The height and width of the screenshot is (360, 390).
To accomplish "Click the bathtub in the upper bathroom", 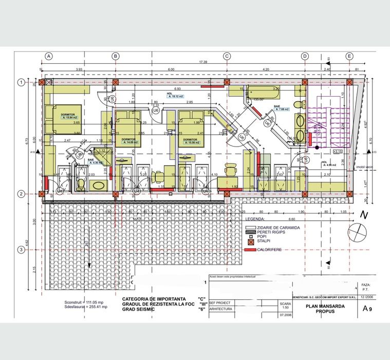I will tap(262, 95).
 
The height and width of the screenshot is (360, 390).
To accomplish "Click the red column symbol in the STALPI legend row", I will tap(251, 241).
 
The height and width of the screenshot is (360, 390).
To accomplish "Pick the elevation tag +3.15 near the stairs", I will tap(338, 152).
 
